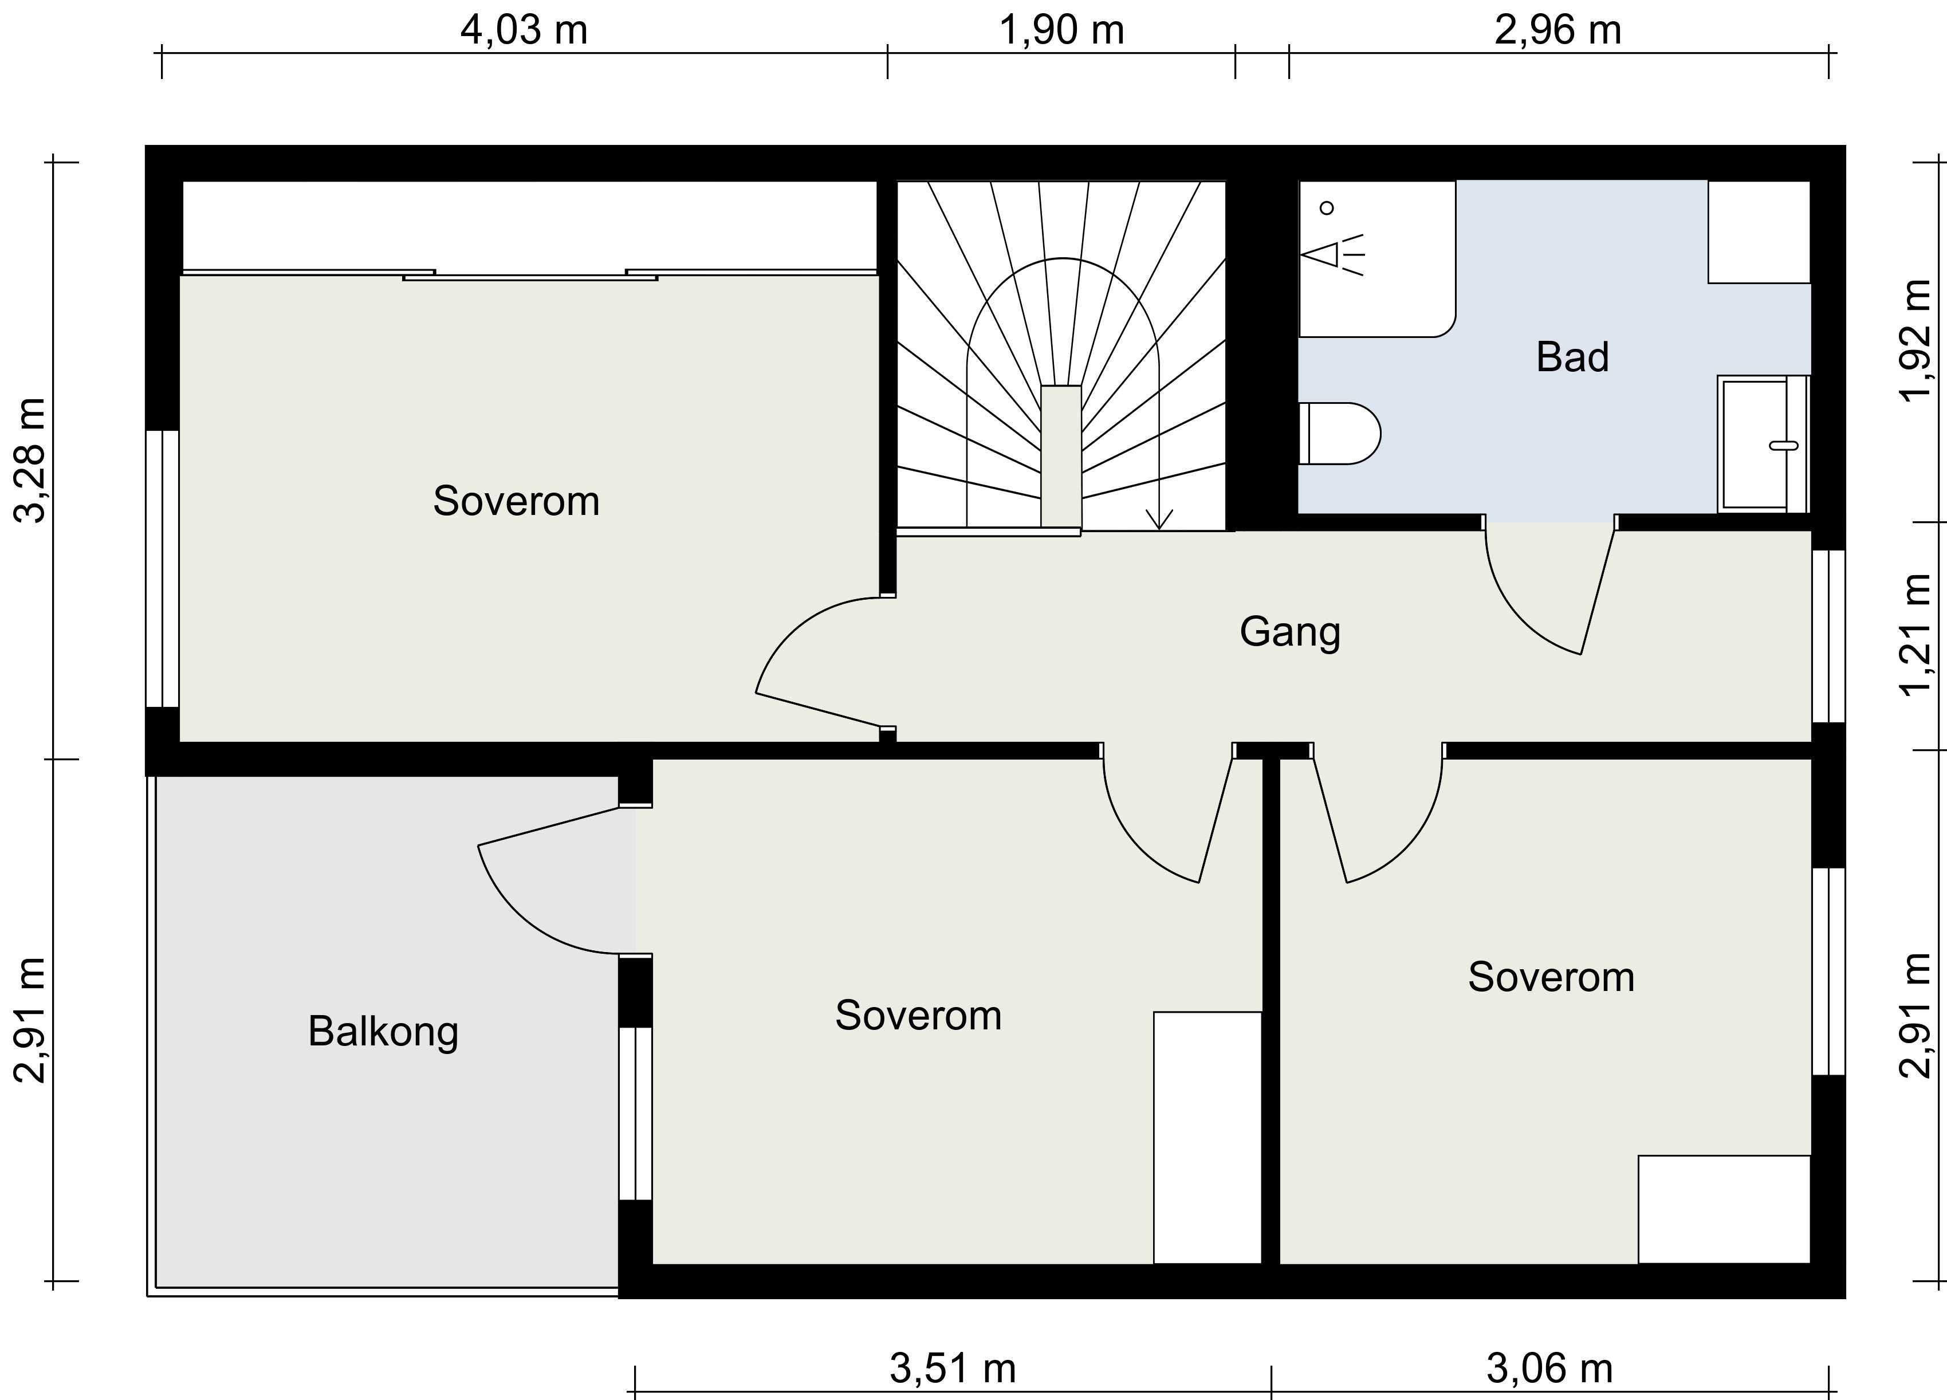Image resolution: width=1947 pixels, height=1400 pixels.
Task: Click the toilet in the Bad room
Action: coord(1339,434)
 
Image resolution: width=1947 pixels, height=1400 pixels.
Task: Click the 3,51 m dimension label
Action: coord(953,1369)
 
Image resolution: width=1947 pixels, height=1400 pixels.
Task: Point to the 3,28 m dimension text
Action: coord(32,460)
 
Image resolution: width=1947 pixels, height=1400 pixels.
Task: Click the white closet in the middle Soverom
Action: coord(1207,1137)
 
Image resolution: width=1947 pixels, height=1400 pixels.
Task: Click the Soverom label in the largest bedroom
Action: coord(516,501)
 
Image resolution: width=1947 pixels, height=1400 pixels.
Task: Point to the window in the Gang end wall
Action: coord(1828,636)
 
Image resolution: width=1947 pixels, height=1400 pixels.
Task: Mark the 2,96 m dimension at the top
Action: coord(1558,31)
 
